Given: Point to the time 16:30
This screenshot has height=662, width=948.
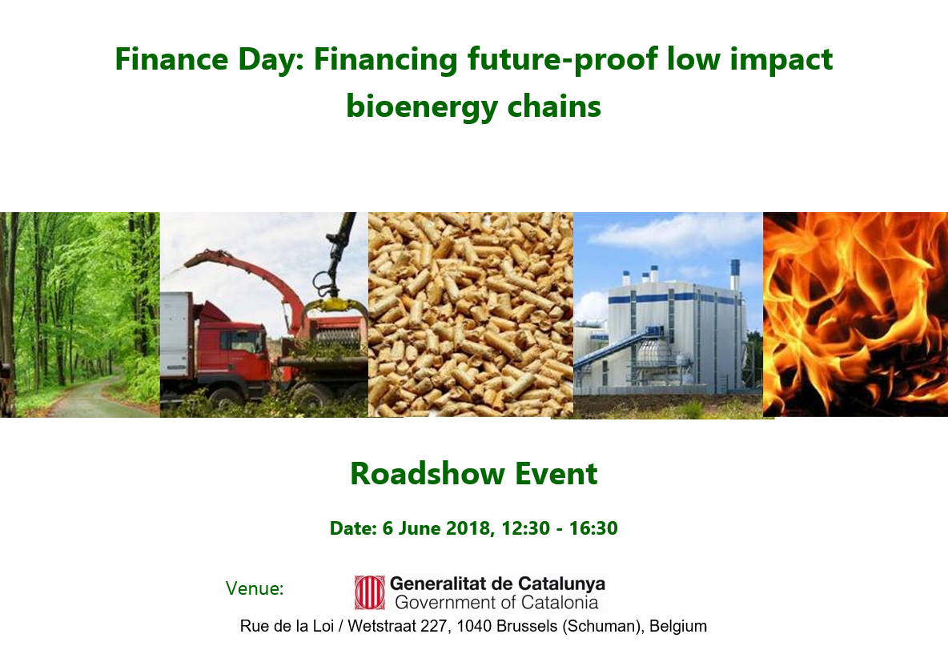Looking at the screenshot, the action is [593, 528].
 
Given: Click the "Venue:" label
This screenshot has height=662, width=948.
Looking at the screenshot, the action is [255, 588].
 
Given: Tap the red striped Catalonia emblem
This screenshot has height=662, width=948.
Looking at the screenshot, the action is [369, 592].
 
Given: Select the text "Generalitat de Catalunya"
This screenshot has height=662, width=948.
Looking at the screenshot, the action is [497, 584].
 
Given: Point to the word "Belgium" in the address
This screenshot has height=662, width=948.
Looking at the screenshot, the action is [677, 626].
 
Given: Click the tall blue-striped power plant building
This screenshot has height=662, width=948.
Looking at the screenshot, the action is [677, 332].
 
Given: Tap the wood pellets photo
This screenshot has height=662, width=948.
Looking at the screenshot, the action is [470, 315].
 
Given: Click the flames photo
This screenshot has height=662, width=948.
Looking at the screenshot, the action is [855, 314].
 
